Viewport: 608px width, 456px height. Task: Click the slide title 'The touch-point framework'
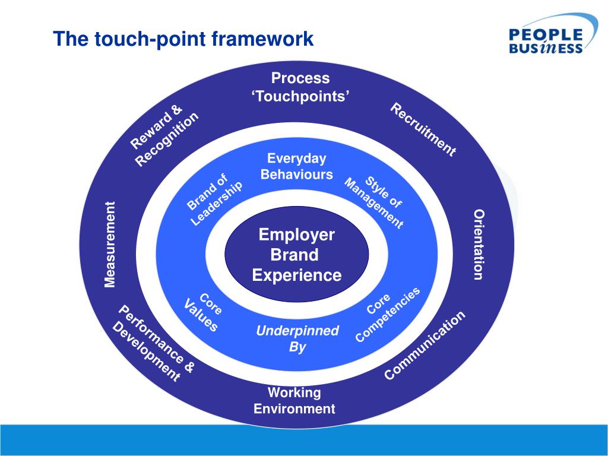click(183, 39)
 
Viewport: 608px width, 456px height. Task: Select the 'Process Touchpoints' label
click(300, 87)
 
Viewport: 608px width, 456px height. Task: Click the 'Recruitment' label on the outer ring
click(423, 129)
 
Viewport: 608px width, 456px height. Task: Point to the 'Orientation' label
click(479, 244)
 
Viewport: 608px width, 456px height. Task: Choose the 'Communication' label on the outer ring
click(425, 346)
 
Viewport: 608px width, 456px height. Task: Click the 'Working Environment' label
click(294, 401)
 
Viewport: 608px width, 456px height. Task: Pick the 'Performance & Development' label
click(153, 344)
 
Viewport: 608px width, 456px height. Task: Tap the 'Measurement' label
click(110, 244)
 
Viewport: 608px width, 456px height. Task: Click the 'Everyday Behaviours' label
click(296, 167)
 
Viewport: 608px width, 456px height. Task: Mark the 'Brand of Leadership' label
click(214, 199)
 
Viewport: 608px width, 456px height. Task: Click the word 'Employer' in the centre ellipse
click(296, 235)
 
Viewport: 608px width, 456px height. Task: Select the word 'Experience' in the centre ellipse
click(296, 275)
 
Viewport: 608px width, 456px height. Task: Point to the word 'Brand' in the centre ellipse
click(294, 255)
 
